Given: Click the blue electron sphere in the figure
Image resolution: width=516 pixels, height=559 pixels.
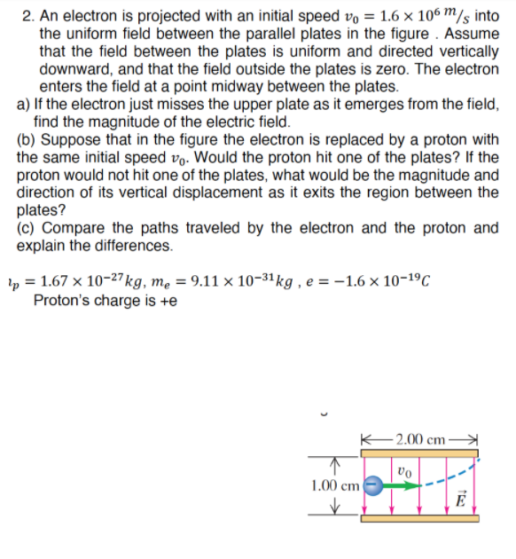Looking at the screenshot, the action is coord(374,485).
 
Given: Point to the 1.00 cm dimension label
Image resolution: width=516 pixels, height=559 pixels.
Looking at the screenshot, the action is coord(334,485).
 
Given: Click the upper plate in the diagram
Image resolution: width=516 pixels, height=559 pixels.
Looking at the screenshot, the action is coord(419,453).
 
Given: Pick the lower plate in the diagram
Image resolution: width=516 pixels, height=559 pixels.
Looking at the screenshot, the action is coord(419,518).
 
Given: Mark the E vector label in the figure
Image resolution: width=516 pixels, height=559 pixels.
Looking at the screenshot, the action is coord(458,498).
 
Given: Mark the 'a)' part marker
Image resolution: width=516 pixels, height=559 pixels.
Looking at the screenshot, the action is coord(24,104).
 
